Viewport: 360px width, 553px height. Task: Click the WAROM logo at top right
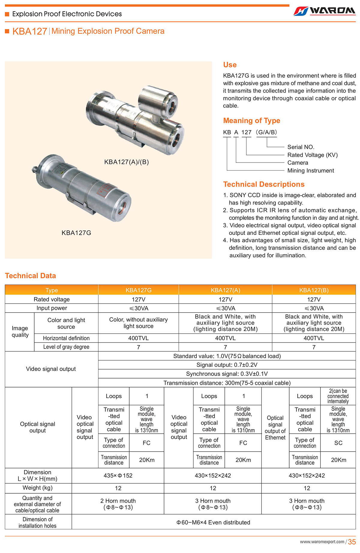point(325,11)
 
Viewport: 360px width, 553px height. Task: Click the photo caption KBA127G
point(76,233)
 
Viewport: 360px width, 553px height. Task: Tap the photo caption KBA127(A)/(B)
point(126,162)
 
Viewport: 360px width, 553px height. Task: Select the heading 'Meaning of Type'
point(251,121)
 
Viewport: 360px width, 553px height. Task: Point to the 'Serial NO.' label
point(301,147)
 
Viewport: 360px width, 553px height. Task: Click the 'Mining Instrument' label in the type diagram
point(310,171)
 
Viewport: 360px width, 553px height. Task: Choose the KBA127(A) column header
point(225,290)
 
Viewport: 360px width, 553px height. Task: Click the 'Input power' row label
point(52,308)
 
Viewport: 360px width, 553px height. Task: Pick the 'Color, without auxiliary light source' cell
point(138,323)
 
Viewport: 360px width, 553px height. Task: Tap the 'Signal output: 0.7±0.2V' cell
point(227,365)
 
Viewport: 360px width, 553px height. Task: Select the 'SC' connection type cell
point(338,443)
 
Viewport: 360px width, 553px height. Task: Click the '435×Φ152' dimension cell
point(118,475)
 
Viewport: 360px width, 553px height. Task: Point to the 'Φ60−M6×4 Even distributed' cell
point(213,522)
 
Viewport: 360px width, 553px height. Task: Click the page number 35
point(352,542)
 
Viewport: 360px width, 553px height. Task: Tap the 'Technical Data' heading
point(30,276)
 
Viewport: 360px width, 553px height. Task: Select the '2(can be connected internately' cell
point(338,396)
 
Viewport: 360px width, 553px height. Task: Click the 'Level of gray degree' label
point(66,347)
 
